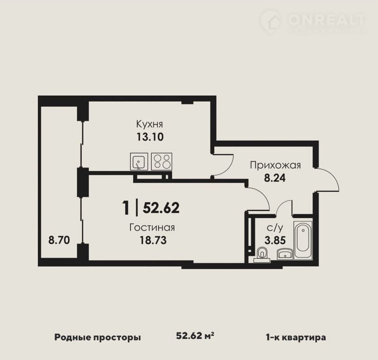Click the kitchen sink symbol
tap(138, 161)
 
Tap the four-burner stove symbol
tap(161, 161)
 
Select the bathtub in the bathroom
tap(303, 240)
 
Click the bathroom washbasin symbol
tap(285, 255)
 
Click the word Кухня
tap(150, 124)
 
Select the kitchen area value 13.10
tap(150, 137)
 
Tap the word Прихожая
tap(275, 166)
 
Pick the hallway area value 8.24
tap(275, 178)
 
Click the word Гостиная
tap(152, 227)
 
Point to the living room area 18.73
tap(153, 241)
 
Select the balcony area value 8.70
tap(59, 240)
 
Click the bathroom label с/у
tap(275, 227)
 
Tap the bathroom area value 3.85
tap(275, 241)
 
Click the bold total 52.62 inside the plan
tap(161, 208)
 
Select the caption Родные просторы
tap(98, 337)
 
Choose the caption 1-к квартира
tap(296, 337)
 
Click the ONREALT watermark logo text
tap(327, 20)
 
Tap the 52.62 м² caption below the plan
tap(195, 336)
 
